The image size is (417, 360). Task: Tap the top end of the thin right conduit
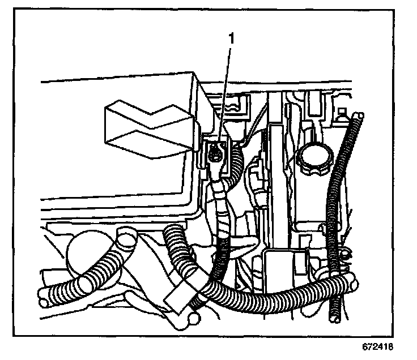click(357, 117)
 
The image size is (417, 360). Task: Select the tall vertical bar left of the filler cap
click(278, 170)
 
